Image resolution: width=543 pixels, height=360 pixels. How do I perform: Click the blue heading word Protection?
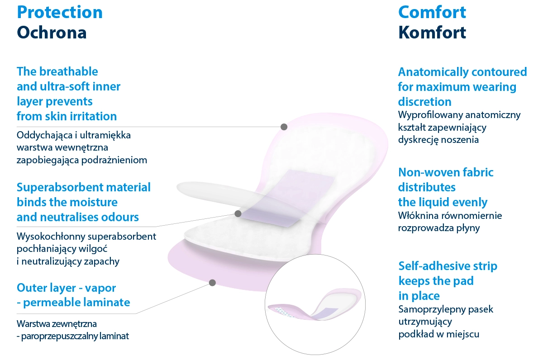[60, 13]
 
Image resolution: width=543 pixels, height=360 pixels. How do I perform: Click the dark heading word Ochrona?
[52, 33]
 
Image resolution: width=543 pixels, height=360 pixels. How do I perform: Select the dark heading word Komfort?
[432, 32]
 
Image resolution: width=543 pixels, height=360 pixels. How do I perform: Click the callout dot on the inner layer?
[284, 127]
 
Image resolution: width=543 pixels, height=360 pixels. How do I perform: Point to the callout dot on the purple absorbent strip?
[238, 213]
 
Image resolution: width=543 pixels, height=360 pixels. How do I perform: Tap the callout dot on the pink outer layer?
[212, 283]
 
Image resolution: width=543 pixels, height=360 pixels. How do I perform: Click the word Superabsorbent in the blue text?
[59, 188]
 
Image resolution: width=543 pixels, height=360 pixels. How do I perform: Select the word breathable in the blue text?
[69, 71]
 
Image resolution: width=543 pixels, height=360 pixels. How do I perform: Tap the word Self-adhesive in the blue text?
[428, 266]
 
